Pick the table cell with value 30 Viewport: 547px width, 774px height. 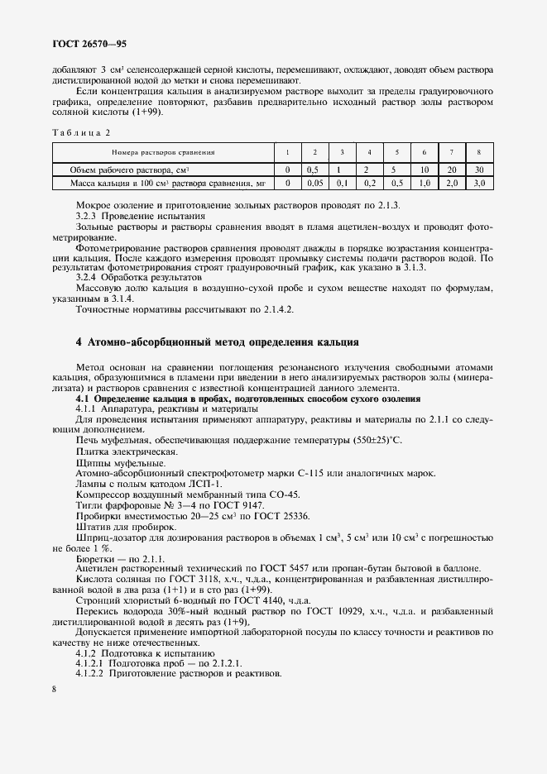478,170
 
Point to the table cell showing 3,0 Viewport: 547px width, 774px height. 478,182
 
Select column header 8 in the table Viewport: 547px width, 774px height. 478,152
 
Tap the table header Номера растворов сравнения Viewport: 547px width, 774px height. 163,152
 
